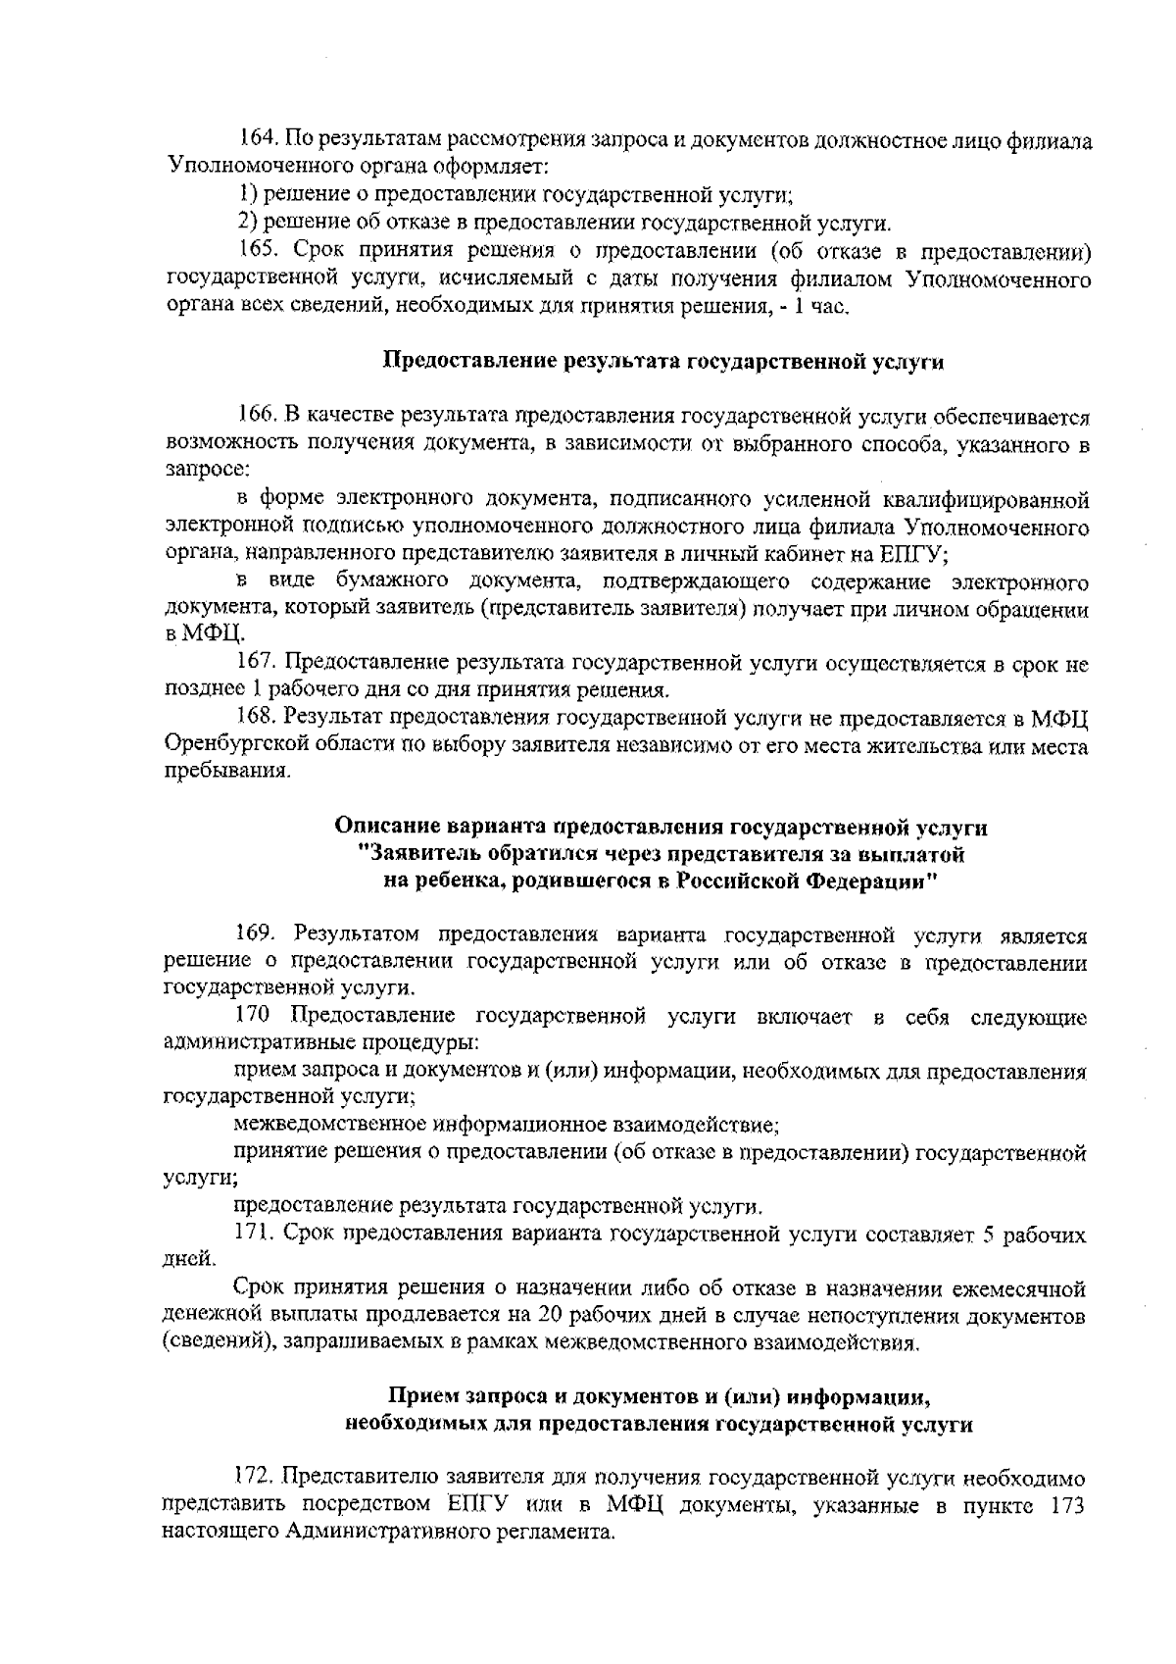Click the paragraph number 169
point(257,933)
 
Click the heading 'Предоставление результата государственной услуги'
point(662,362)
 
